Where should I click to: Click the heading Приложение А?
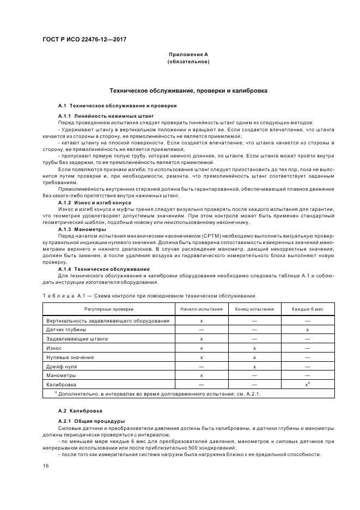(x=188, y=55)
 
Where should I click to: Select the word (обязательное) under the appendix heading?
(x=188, y=62)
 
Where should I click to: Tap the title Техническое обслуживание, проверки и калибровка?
(x=188, y=90)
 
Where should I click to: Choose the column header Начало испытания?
(x=202, y=309)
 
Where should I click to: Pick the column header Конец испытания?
(x=254, y=309)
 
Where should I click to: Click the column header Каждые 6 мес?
(x=308, y=309)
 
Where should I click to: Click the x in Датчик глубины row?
(x=308, y=330)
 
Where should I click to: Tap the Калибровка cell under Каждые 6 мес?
(x=308, y=385)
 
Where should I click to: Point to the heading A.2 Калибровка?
(x=80, y=410)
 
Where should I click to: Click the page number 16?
(x=46, y=466)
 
